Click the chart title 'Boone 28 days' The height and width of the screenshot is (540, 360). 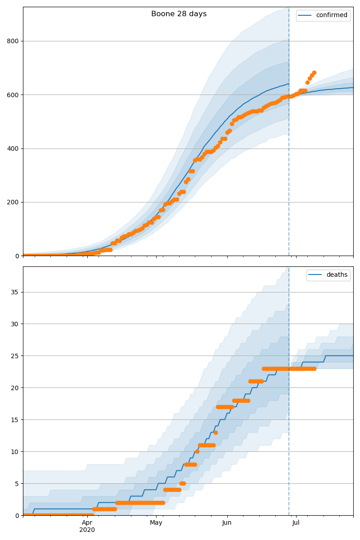click(179, 14)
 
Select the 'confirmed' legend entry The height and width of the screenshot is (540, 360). click(331, 15)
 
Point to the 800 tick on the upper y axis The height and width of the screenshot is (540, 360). click(13, 41)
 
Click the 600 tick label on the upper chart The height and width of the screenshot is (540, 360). click(13, 95)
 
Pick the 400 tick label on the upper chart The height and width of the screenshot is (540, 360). click(13, 148)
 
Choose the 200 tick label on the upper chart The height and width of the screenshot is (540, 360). click(13, 202)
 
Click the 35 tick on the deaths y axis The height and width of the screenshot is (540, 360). click(15, 292)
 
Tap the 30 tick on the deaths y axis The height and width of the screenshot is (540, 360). click(15, 324)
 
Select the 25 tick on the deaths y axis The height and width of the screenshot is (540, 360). click(15, 356)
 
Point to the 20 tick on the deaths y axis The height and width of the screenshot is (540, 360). click(15, 388)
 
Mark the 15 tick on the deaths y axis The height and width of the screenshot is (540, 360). click(15, 420)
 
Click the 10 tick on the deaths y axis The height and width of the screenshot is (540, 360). click(15, 452)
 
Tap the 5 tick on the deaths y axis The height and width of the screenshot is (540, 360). click(17, 484)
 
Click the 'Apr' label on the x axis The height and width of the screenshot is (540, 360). click(87, 523)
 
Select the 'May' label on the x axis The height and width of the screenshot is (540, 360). click(156, 523)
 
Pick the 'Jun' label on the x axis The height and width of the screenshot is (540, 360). click(227, 523)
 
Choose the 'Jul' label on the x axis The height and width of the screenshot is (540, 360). click(296, 523)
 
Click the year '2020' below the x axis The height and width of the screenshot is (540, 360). click(87, 530)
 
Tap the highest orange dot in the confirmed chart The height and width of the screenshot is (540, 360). click(314, 72)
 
